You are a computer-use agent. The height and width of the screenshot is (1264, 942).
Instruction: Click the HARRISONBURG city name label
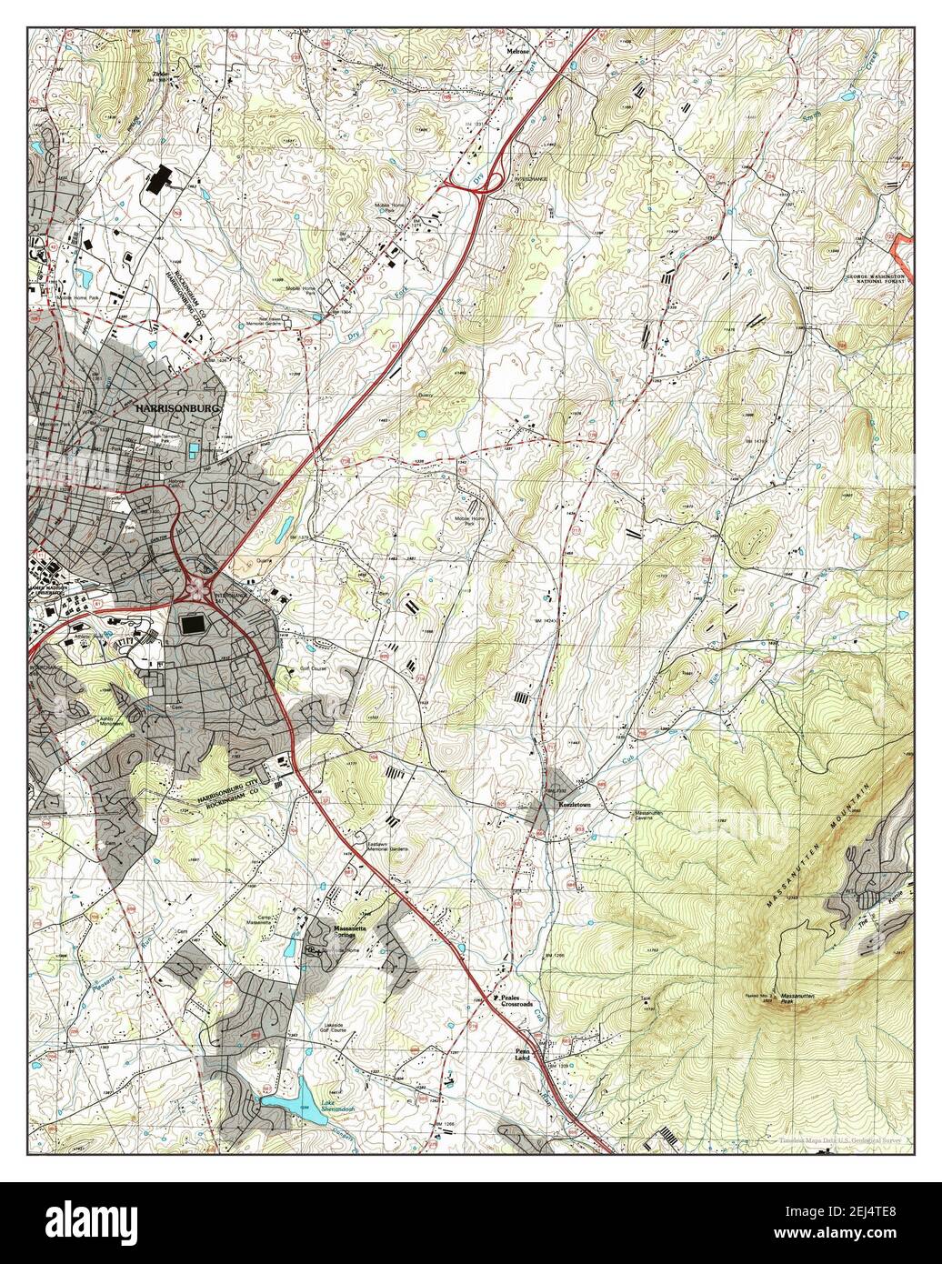pos(178,410)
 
